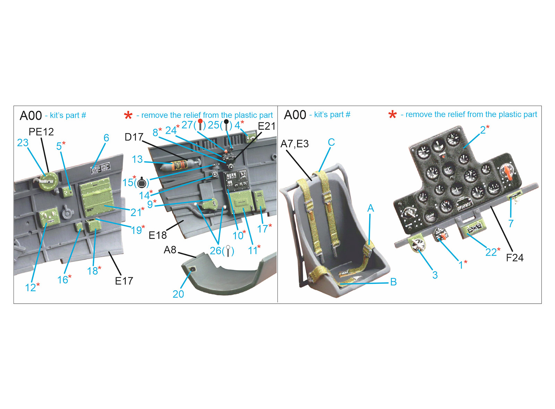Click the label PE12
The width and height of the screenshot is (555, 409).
(x=41, y=132)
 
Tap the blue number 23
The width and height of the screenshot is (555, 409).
(x=23, y=142)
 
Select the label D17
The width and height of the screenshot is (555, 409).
(x=134, y=137)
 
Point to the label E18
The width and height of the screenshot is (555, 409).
(x=157, y=235)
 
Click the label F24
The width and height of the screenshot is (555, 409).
(x=515, y=258)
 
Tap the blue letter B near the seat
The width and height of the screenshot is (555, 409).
(x=393, y=282)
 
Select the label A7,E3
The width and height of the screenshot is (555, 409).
(x=294, y=144)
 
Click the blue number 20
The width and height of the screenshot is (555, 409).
(x=178, y=294)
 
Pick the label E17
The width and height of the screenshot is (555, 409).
(x=124, y=281)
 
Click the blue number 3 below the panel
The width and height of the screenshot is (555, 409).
(x=435, y=275)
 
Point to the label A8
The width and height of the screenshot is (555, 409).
(x=170, y=250)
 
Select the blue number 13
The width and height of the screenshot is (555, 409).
(x=137, y=159)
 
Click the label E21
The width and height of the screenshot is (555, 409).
(x=267, y=126)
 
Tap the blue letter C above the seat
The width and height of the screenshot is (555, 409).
(x=331, y=142)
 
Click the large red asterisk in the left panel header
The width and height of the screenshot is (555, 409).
(x=128, y=115)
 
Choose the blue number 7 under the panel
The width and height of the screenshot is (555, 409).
(x=511, y=223)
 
